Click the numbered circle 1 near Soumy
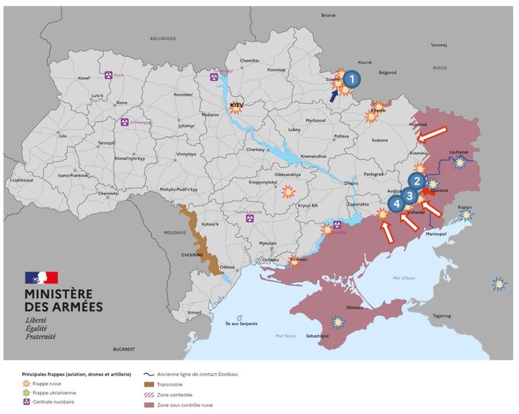point(352,79)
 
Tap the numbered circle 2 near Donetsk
point(417,181)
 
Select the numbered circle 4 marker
point(397,203)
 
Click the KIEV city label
point(236,105)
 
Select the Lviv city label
point(62,135)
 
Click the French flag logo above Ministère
point(41,278)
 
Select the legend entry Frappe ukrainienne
point(53,393)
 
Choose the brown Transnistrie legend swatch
point(148,384)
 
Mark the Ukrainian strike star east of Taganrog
point(499,284)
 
